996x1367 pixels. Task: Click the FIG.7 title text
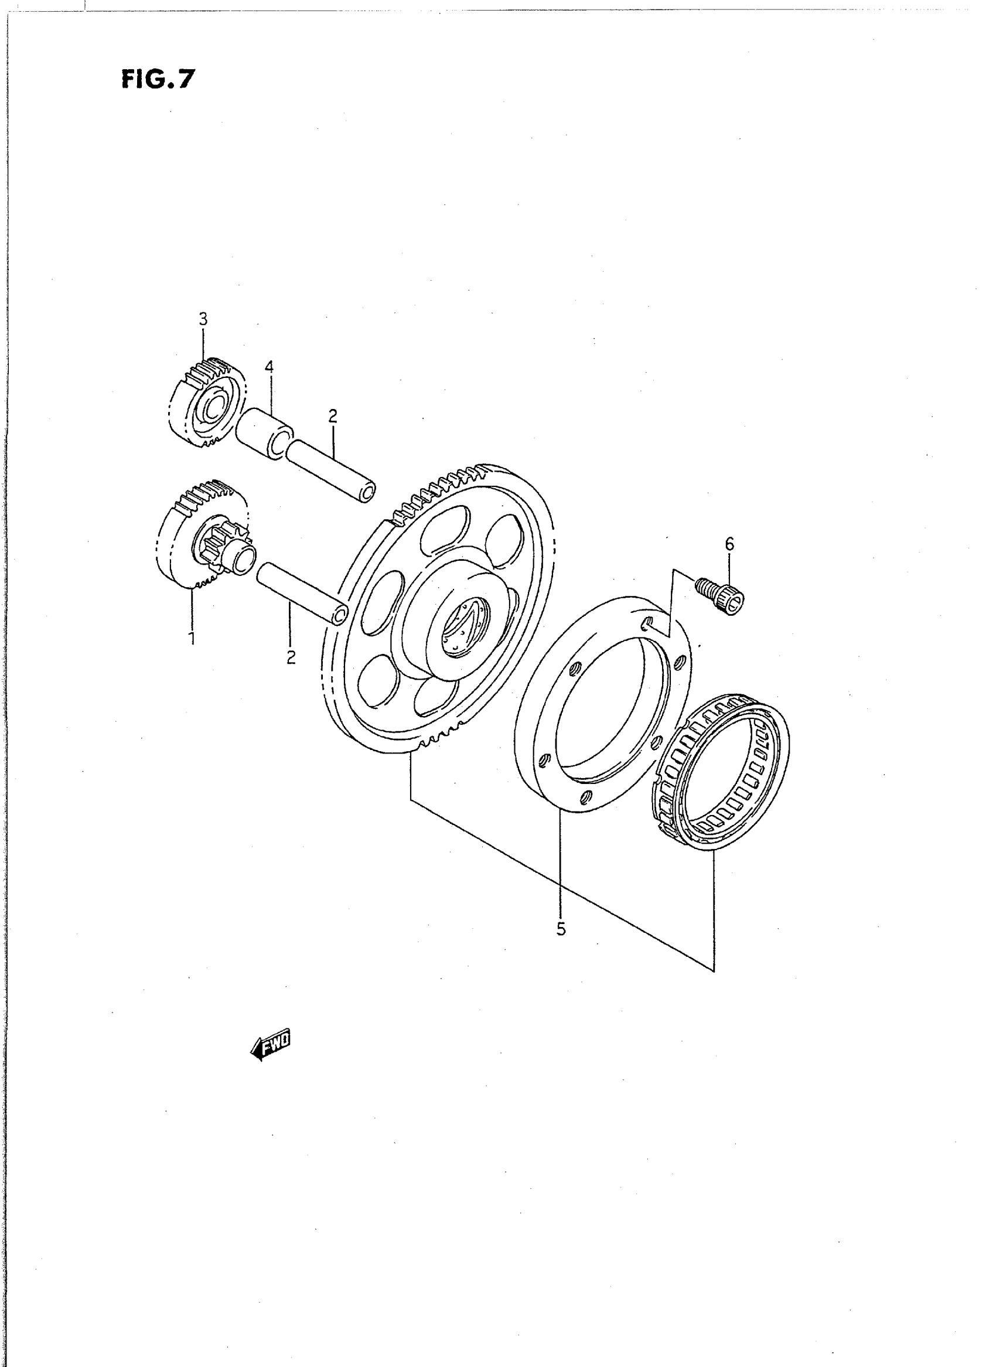coord(159,79)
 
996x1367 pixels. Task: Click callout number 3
coord(203,318)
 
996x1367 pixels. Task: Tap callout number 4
coord(269,367)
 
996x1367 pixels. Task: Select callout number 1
coord(192,638)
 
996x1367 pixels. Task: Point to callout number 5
coord(561,929)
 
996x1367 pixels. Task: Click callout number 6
coord(729,544)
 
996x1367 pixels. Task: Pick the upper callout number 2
coord(333,415)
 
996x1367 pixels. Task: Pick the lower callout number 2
coord(291,657)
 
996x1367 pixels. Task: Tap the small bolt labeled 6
coord(722,594)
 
